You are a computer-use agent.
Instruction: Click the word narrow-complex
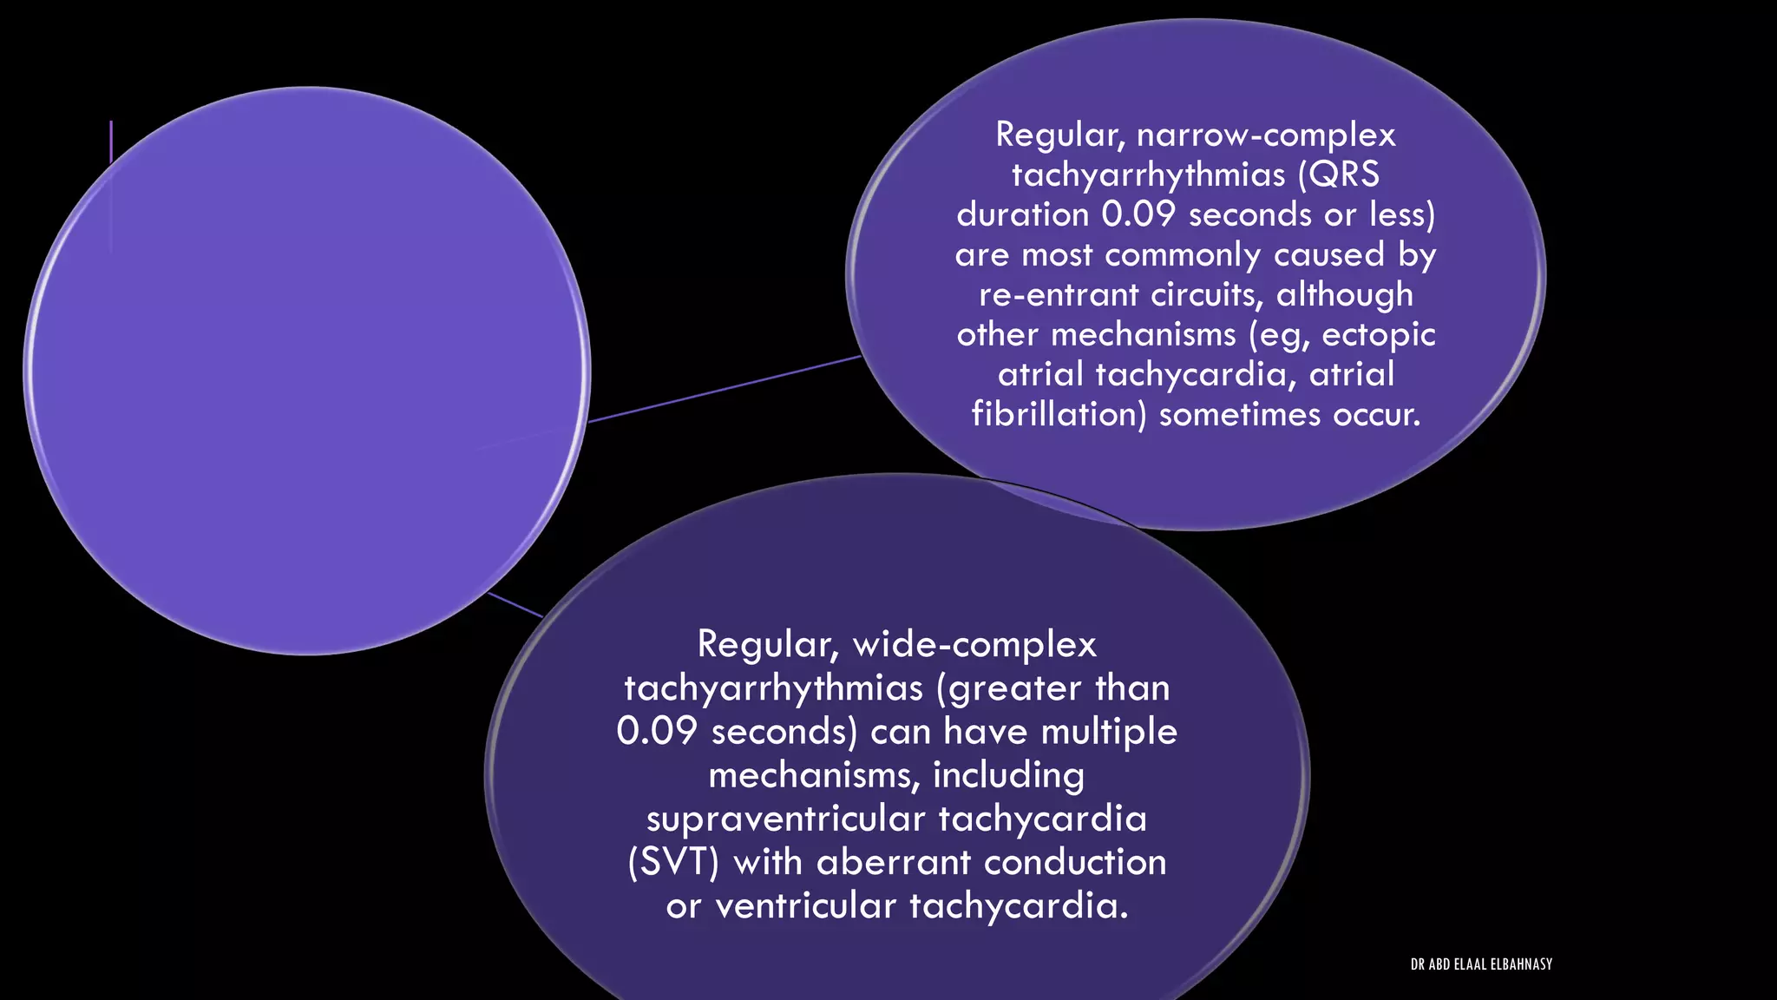pyautogui.click(x=1266, y=135)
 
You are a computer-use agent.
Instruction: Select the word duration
pyautogui.click(x=1023, y=214)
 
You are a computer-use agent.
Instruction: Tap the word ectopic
pyautogui.click(x=1379, y=335)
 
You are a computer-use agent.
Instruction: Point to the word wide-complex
pyautogui.click(x=974, y=645)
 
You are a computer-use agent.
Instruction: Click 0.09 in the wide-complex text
pyautogui.click(x=657, y=732)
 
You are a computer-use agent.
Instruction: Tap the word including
pyautogui.click(x=1008, y=775)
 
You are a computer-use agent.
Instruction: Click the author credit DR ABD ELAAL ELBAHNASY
pyautogui.click(x=1481, y=964)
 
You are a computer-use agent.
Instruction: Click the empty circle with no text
pyautogui.click(x=307, y=371)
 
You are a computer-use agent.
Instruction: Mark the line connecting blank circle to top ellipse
pyautogui.click(x=725, y=389)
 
